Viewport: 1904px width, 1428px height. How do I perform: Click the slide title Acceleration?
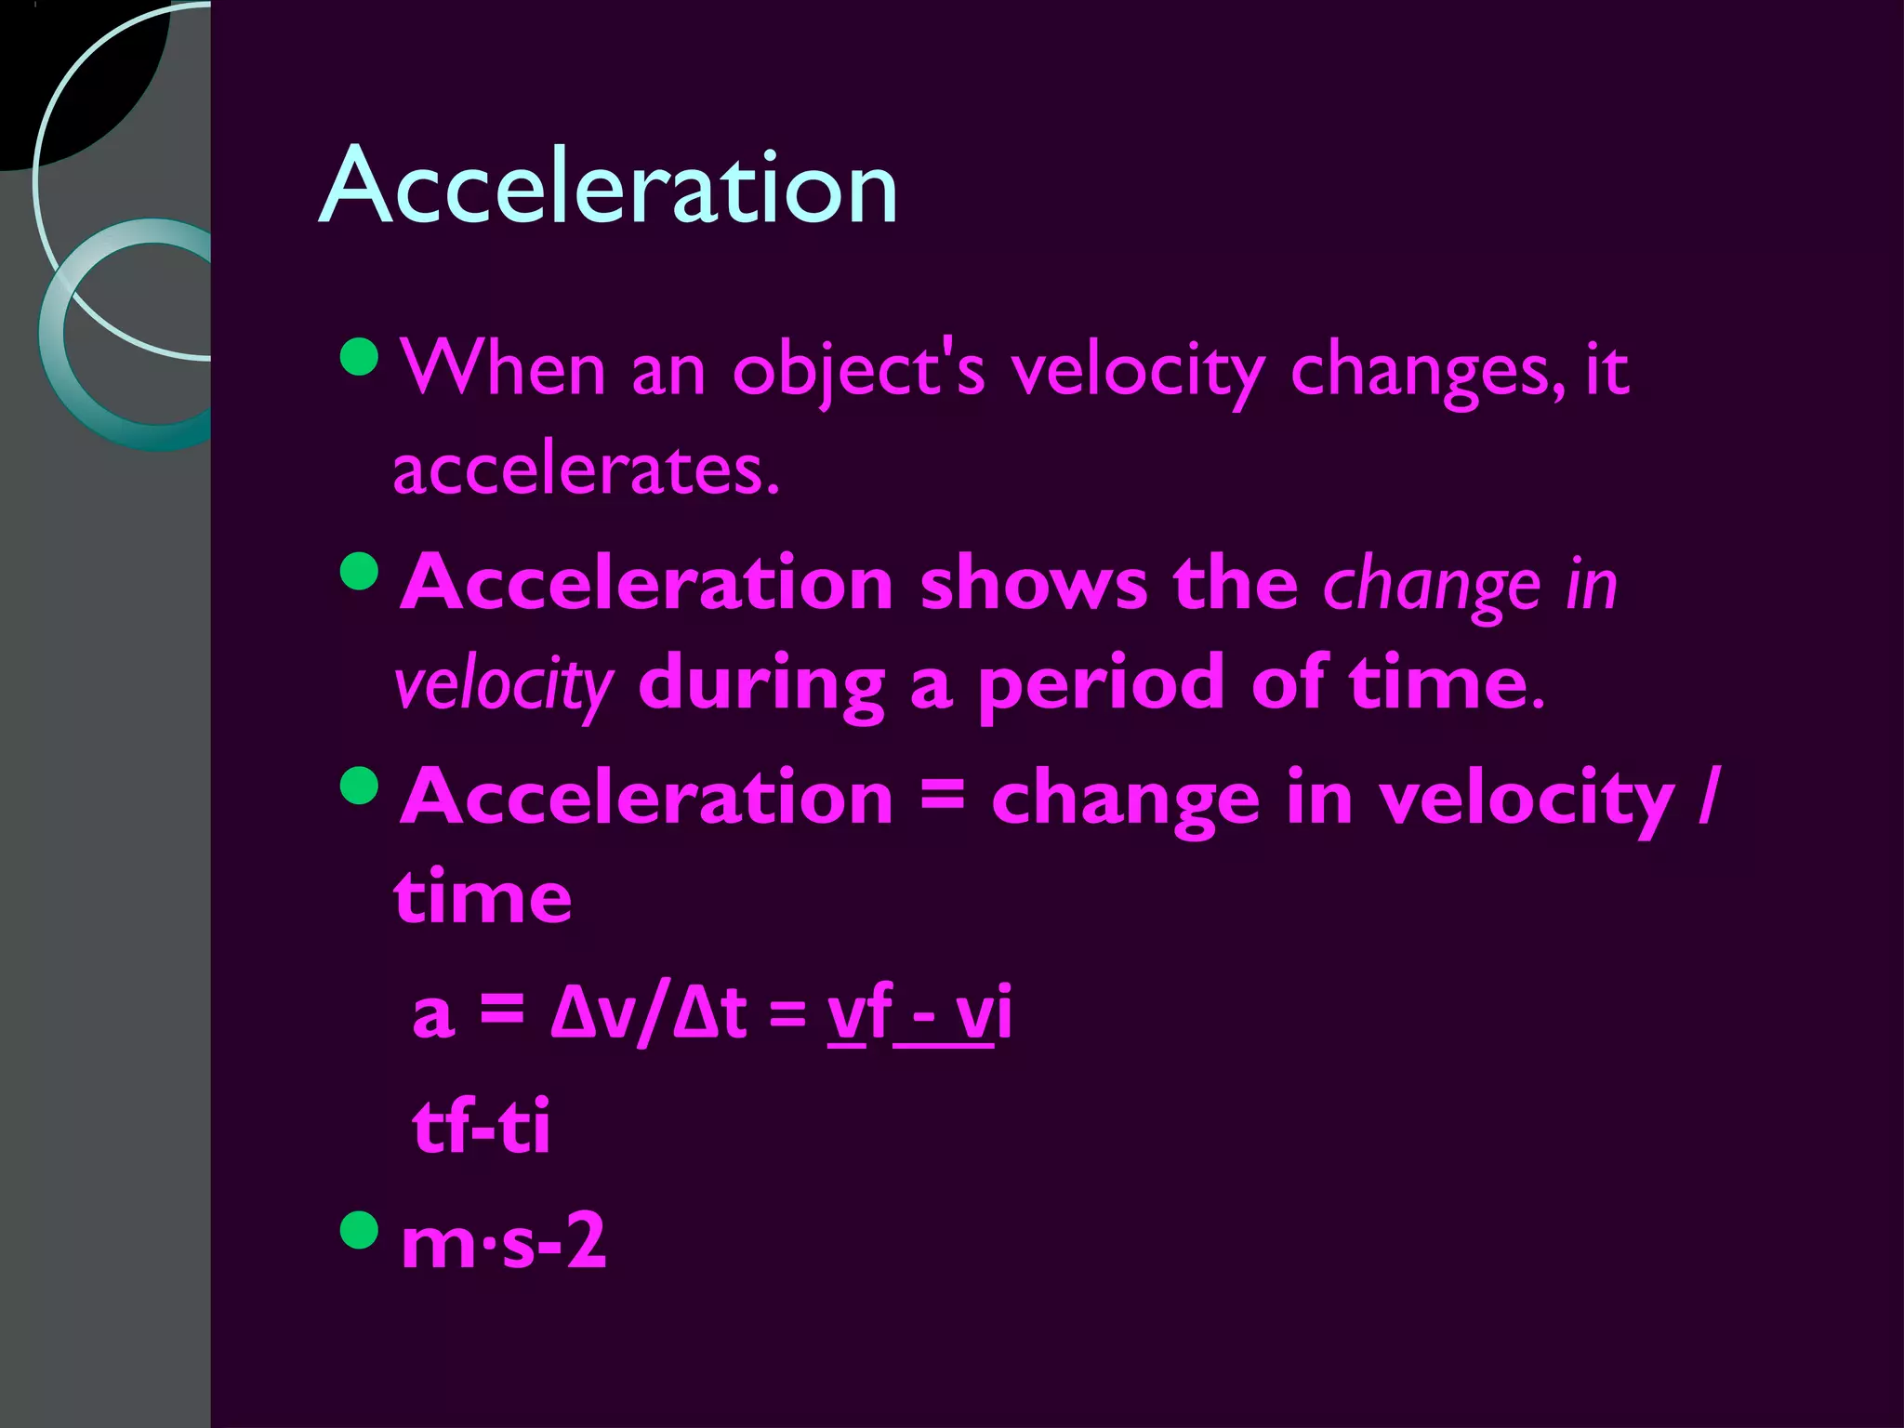point(608,186)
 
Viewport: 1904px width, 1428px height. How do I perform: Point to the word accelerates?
point(586,469)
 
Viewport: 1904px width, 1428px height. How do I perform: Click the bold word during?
point(761,685)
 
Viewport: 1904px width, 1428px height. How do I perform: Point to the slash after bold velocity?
point(1707,798)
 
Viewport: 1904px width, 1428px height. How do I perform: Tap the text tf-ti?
point(482,1127)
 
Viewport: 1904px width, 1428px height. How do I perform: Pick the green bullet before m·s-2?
point(361,1230)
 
